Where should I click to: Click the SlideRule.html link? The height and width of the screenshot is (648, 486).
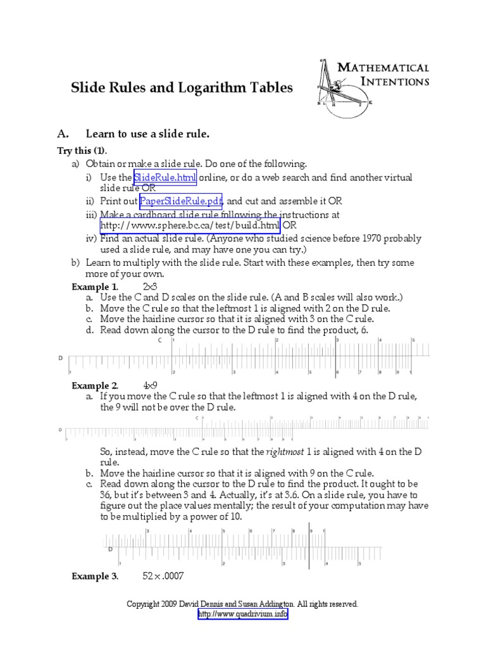(x=165, y=177)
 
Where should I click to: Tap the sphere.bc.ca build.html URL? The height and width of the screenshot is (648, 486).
(x=190, y=225)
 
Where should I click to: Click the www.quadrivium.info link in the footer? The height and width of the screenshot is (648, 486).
(x=243, y=614)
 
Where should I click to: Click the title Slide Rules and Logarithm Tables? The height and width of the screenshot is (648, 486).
(x=182, y=88)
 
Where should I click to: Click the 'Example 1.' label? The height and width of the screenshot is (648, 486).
(x=94, y=287)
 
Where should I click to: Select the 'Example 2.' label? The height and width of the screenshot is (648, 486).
(x=94, y=385)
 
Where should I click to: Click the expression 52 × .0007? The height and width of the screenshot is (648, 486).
(x=166, y=576)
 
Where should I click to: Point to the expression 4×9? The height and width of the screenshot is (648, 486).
(x=151, y=385)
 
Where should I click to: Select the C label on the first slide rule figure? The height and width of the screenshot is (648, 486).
(x=160, y=340)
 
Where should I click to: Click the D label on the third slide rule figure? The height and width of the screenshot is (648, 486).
(x=111, y=549)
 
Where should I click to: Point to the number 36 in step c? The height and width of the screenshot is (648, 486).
(x=107, y=495)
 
